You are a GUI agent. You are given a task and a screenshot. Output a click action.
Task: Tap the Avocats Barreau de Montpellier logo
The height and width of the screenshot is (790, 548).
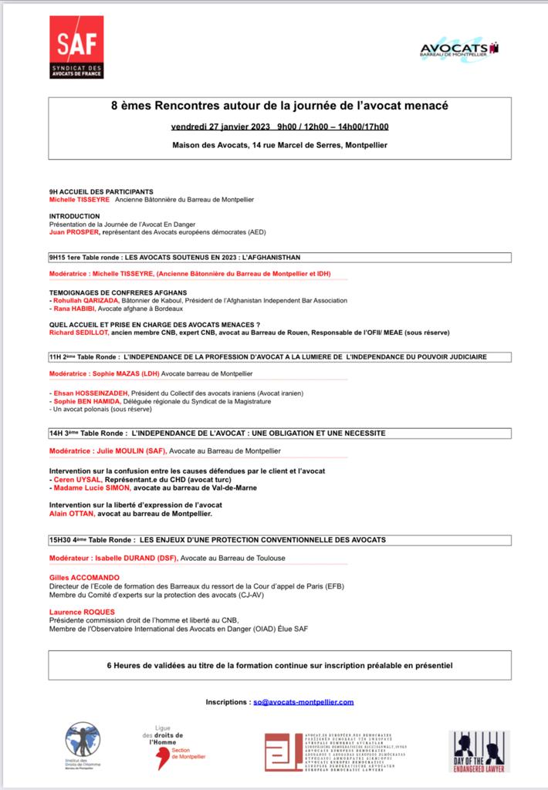coord(459,52)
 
